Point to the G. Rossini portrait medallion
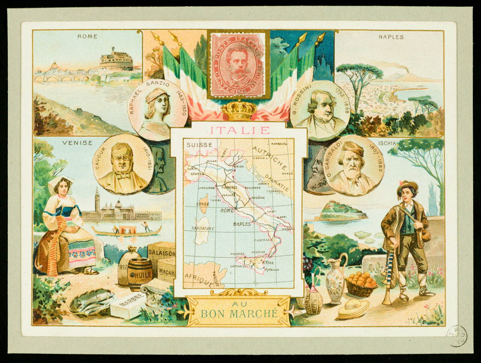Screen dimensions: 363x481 click(320, 110)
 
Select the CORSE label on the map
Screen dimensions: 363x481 click(202, 204)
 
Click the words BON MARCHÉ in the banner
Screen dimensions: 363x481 click(239, 313)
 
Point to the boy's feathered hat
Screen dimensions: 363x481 click(408, 185)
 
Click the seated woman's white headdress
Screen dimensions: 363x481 click(61, 181)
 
